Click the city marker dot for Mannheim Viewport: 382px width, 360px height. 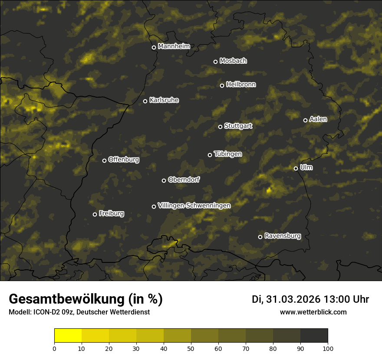click(154, 48)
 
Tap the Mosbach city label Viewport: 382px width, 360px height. click(233, 61)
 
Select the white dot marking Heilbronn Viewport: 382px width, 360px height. click(222, 85)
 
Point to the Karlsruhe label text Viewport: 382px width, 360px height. click(164, 100)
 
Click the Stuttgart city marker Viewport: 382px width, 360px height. click(220, 127)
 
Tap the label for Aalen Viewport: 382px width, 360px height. click(318, 119)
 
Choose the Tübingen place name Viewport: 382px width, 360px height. click(228, 154)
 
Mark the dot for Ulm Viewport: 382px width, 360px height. click(296, 168)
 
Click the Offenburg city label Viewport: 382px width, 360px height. click(124, 160)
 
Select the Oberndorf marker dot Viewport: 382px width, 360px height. click(164, 180)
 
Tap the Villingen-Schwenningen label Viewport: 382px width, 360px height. click(194, 206)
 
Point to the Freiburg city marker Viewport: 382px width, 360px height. click(95, 214)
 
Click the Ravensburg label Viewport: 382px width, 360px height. click(283, 236)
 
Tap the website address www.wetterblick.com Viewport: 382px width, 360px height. click(313, 312)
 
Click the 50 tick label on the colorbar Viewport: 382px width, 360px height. click(191, 348)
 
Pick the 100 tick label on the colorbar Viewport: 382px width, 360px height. click(328, 348)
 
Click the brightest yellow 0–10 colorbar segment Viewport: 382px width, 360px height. click(68, 336)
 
